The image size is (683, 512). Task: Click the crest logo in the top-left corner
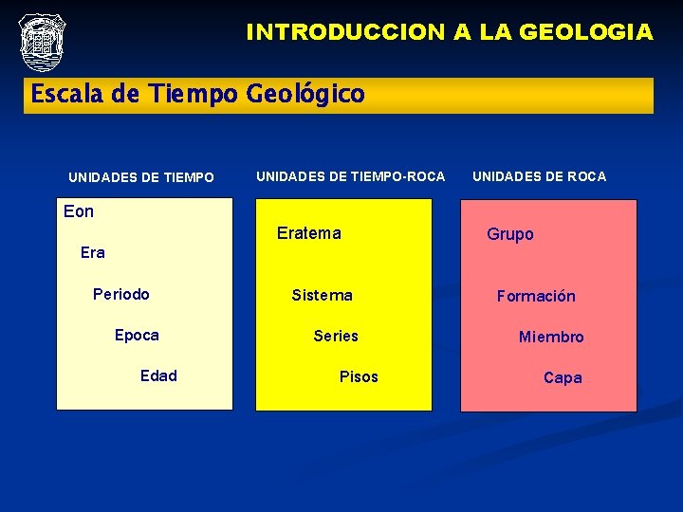[42, 42]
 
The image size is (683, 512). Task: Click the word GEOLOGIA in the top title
[587, 32]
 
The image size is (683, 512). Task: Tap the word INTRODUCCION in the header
[345, 32]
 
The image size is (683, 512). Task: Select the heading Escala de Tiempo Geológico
[197, 95]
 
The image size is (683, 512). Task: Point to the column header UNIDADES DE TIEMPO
[141, 177]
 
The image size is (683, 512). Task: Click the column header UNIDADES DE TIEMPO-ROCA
[350, 176]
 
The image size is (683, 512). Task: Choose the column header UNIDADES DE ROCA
[539, 176]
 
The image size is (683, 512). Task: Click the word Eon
[79, 211]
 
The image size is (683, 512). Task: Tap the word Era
[93, 252]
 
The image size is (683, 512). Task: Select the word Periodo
[121, 294]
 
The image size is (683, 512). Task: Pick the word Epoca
[137, 335]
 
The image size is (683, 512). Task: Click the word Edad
[158, 375]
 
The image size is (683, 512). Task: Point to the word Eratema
[308, 233]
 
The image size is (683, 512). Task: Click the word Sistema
[322, 295]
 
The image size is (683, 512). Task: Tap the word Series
[336, 336]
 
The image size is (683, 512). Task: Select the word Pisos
[359, 376]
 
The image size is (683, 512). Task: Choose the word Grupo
[510, 234]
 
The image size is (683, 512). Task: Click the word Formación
[536, 296]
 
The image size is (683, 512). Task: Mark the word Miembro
[551, 337]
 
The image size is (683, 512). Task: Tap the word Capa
[563, 377]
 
